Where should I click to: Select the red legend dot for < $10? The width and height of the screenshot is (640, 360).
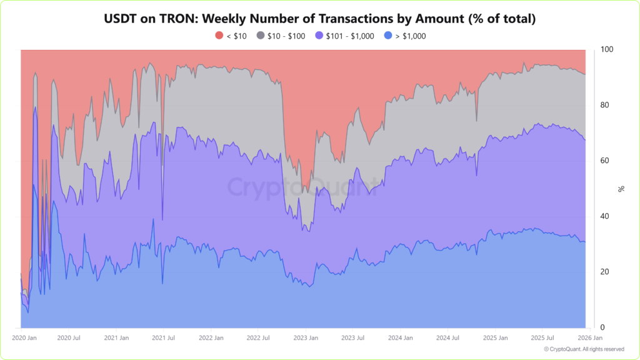(219, 36)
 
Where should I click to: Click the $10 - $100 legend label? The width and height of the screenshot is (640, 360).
(286, 36)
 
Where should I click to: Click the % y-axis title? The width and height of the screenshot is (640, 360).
(621, 188)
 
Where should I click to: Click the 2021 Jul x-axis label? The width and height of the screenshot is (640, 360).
(163, 338)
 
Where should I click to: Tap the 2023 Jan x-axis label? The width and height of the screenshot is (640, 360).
(305, 338)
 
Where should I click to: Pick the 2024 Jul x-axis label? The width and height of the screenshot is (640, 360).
(447, 338)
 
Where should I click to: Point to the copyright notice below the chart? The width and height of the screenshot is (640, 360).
(584, 349)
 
